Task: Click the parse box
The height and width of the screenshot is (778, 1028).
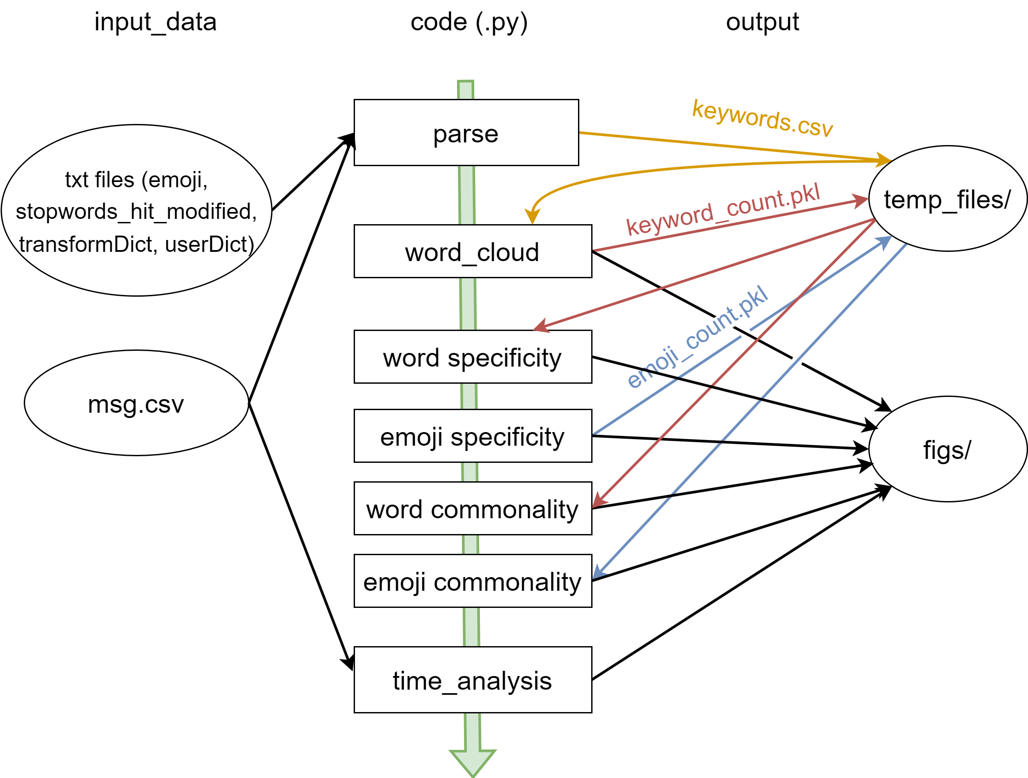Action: click(466, 133)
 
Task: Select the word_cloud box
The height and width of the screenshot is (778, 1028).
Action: click(472, 251)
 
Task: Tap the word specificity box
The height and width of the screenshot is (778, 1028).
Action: click(472, 357)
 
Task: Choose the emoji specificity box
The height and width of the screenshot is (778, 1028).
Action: click(472, 436)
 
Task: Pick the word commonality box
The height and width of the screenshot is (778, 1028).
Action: click(472, 508)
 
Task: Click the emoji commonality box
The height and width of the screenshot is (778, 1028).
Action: click(472, 581)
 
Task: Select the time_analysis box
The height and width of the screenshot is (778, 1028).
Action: click(472, 680)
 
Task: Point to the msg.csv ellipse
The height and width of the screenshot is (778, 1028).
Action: click(136, 403)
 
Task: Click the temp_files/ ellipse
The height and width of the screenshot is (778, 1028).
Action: click(948, 199)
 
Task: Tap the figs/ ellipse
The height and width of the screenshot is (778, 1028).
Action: click(948, 449)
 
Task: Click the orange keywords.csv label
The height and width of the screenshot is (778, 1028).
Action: click(763, 118)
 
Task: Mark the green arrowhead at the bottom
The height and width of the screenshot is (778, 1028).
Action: click(472, 762)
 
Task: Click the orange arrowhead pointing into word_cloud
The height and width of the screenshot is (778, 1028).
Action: click(532, 216)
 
